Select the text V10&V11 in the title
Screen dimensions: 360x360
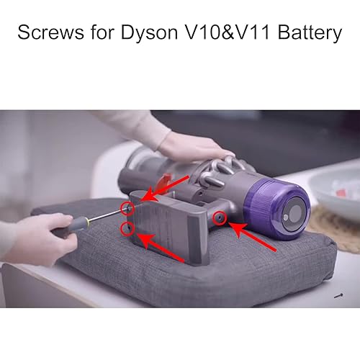tap(228, 33)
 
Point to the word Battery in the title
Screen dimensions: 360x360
tap(309, 33)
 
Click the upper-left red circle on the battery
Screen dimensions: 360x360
tap(128, 209)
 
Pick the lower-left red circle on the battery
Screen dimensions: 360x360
tap(127, 228)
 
